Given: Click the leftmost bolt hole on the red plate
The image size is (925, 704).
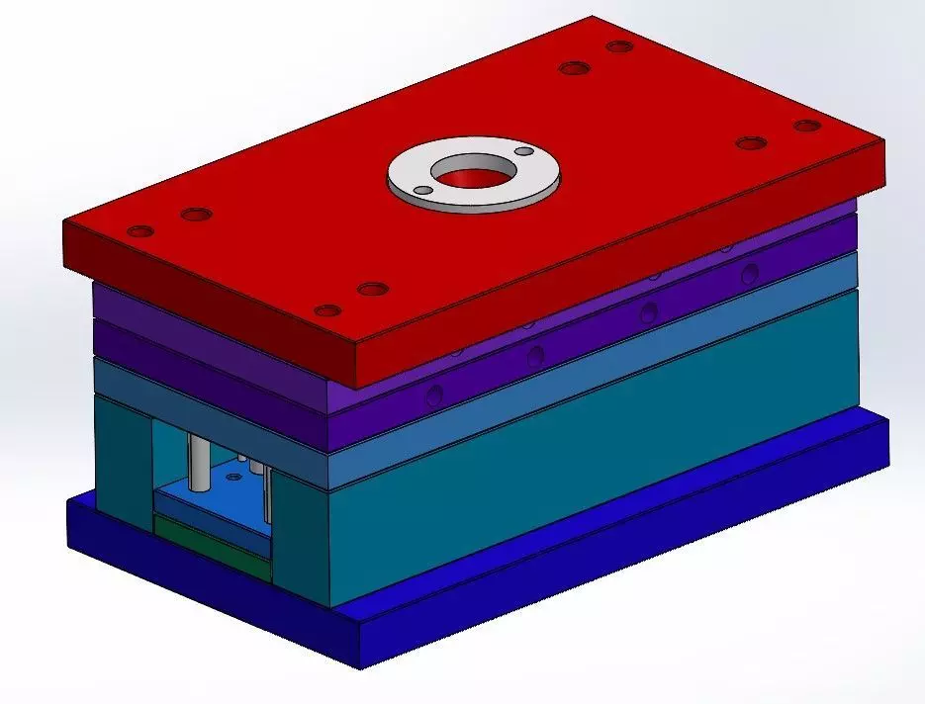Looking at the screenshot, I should tap(141, 231).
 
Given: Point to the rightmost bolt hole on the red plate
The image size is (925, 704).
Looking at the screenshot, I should tap(807, 126).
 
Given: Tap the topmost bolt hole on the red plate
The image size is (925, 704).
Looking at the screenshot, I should tap(619, 46).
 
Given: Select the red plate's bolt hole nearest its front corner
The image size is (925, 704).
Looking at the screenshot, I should tap(327, 310).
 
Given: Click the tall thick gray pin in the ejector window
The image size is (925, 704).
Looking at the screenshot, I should tap(198, 463).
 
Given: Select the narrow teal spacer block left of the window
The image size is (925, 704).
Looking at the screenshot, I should tap(124, 455).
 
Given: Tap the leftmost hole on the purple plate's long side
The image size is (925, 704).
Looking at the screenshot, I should tap(433, 398).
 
